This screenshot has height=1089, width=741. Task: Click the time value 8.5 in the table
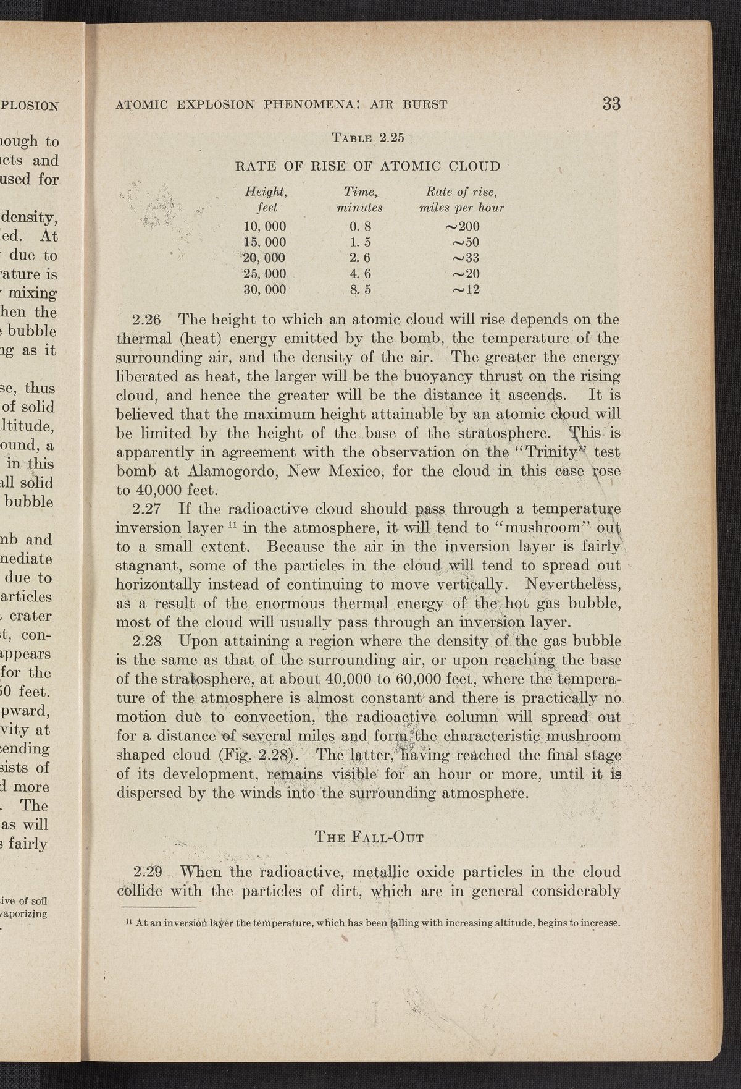tap(359, 289)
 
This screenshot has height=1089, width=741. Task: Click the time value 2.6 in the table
tap(359, 257)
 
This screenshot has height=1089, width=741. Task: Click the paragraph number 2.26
tap(147, 320)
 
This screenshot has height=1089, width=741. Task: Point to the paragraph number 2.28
tap(147, 642)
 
